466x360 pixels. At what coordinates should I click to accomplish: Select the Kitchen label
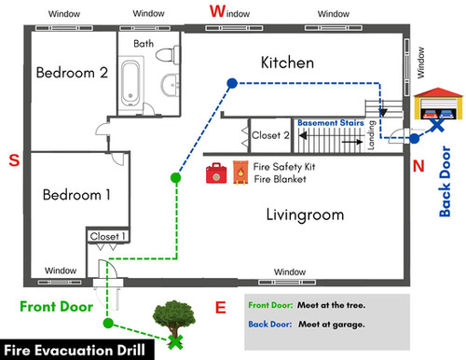[287, 62]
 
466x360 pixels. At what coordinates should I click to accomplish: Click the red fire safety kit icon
[216, 174]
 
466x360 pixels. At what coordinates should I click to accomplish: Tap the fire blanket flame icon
[239, 174]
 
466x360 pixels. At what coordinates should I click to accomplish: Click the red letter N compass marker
[418, 166]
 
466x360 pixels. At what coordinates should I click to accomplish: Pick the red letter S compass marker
[14, 160]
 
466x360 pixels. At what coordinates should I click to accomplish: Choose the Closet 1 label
[104, 237]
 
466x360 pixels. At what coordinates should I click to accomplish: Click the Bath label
[144, 43]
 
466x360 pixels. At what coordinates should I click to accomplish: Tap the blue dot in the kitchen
[231, 83]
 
